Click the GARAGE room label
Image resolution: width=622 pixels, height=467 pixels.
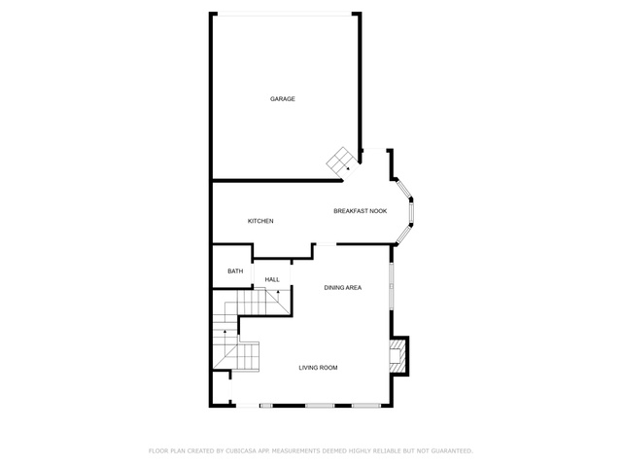pos(283,99)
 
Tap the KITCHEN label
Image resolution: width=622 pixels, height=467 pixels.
pos(260,221)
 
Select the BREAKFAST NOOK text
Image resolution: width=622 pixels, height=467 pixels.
pos(361,211)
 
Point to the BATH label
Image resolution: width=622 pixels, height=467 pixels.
pos(235,271)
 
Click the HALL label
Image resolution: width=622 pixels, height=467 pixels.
pos(272,279)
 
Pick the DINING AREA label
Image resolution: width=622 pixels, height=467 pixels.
pos(343,288)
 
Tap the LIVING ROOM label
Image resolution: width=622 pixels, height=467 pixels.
pos(318,368)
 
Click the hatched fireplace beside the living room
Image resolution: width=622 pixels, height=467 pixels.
pos(398,356)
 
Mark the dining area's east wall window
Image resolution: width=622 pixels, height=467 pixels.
pos(392,285)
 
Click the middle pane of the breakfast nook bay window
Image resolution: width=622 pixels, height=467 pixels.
pos(411,212)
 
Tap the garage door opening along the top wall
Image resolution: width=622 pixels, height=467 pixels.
pos(285,15)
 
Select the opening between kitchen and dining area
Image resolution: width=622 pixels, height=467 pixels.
pos(326,244)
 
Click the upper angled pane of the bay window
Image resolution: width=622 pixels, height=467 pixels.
pos(404,190)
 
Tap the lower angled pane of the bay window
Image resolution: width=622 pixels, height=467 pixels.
pos(404,234)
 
